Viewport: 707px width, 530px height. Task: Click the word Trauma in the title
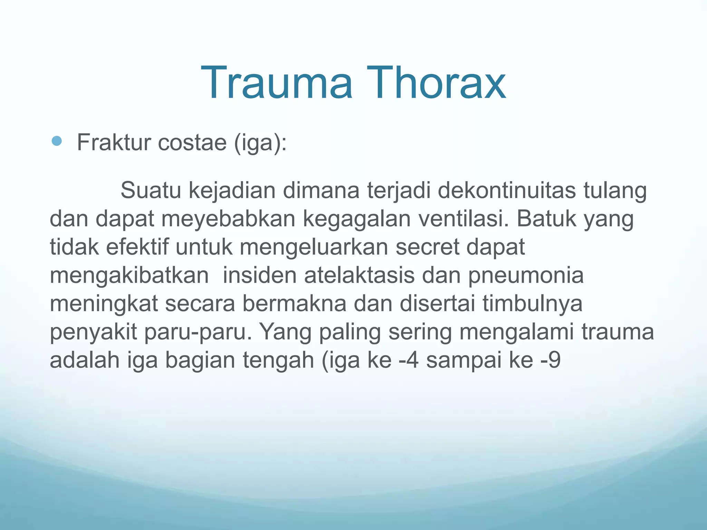click(x=277, y=83)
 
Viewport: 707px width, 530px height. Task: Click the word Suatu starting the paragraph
click(x=151, y=190)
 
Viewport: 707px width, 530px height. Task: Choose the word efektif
click(x=137, y=247)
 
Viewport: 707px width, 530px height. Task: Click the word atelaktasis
click(x=359, y=275)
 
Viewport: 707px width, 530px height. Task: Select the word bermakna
click(x=294, y=303)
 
